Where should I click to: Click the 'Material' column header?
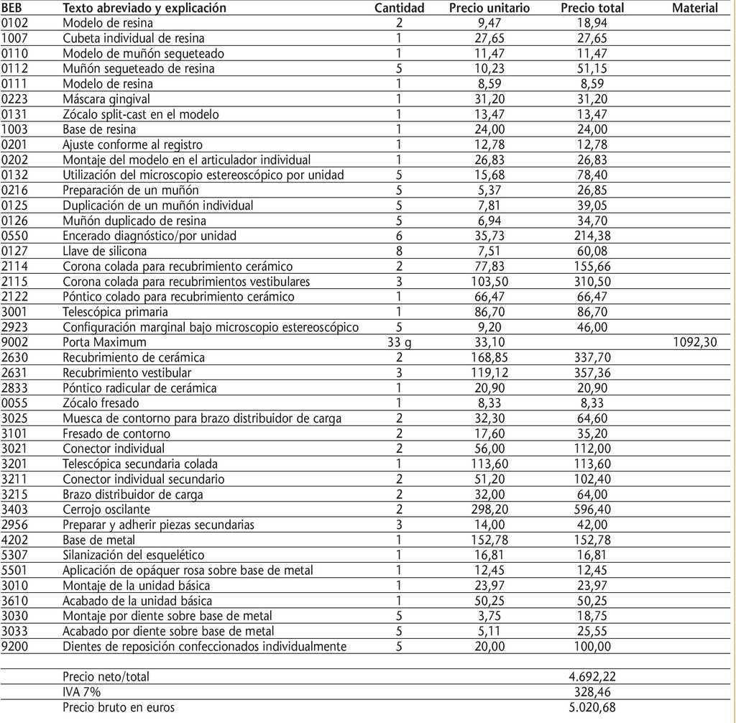click(694, 8)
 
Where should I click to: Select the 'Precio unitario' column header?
click(489, 8)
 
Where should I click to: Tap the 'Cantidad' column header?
click(400, 8)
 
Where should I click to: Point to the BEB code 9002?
click(14, 342)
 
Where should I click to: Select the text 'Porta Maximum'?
click(104, 342)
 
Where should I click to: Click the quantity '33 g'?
click(400, 342)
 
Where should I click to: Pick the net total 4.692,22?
click(592, 676)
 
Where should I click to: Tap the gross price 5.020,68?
click(592, 707)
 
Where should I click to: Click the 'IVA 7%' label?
click(81, 691)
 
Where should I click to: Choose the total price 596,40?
click(593, 510)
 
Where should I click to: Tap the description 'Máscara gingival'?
click(106, 99)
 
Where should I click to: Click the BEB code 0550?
click(14, 236)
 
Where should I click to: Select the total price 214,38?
click(593, 236)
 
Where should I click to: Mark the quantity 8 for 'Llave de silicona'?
click(399, 251)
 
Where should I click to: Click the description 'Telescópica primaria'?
click(115, 312)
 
